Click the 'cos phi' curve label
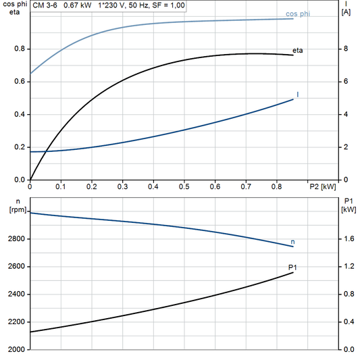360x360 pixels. (298, 14)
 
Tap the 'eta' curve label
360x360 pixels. (298, 51)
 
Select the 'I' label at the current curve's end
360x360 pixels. (298, 95)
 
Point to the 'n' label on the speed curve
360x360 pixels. (292, 241)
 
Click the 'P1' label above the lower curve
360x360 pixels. (292, 268)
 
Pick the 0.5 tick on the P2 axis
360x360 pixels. (184, 186)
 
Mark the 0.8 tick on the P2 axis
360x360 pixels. (276, 186)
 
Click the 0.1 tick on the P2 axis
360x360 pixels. (61, 186)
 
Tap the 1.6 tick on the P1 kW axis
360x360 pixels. (349, 239)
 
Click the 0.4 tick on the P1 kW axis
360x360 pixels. (349, 322)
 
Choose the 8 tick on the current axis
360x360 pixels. (346, 49)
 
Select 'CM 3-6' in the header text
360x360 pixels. (45, 5)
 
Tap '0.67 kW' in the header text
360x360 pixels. (78, 5)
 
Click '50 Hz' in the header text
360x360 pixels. (138, 5)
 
